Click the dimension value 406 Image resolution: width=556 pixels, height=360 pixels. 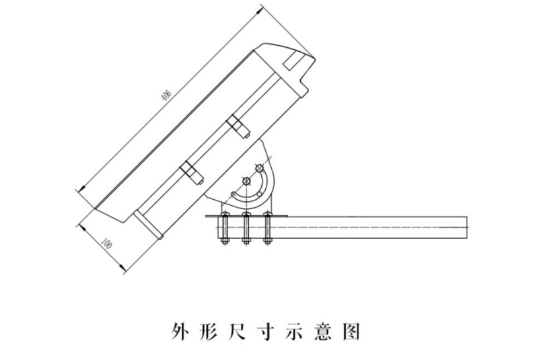click(166, 95)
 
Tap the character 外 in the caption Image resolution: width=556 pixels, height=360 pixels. click(180, 332)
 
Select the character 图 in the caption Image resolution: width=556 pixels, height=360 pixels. click(351, 332)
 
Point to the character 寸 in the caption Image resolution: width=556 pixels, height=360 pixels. click(266, 332)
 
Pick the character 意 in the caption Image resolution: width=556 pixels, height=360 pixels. click(322, 332)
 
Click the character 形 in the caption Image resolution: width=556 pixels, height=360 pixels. click(209, 332)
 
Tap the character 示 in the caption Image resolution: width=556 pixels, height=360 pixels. click(294, 332)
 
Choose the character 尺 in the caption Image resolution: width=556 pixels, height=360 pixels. click(237, 332)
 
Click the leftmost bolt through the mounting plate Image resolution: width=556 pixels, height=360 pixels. click(225, 228)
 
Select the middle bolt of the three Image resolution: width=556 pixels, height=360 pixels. click(246, 228)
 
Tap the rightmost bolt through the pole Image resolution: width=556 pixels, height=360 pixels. click(268, 228)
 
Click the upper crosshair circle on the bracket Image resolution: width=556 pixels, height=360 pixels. click(260, 167)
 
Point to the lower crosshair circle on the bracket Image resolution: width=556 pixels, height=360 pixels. click(246, 181)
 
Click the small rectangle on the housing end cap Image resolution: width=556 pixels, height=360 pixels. click(291, 60)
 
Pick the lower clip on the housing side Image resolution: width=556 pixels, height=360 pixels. click(191, 173)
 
